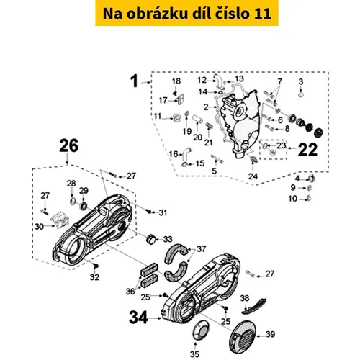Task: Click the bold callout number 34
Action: tap(138, 318)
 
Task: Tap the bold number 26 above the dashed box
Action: tap(69, 145)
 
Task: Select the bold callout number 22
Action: tap(307, 150)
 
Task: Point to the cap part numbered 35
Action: tap(201, 330)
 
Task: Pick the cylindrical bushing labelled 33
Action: tap(151, 239)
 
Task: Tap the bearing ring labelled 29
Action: tap(84, 206)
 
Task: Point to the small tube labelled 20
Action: tap(197, 120)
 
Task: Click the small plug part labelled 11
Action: tap(177, 118)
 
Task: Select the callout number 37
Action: tap(201, 249)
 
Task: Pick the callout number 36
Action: tap(130, 292)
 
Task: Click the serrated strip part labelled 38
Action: tap(254, 306)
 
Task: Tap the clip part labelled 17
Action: tap(180, 99)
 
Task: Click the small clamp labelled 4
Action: tap(311, 179)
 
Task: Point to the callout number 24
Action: tap(253, 176)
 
